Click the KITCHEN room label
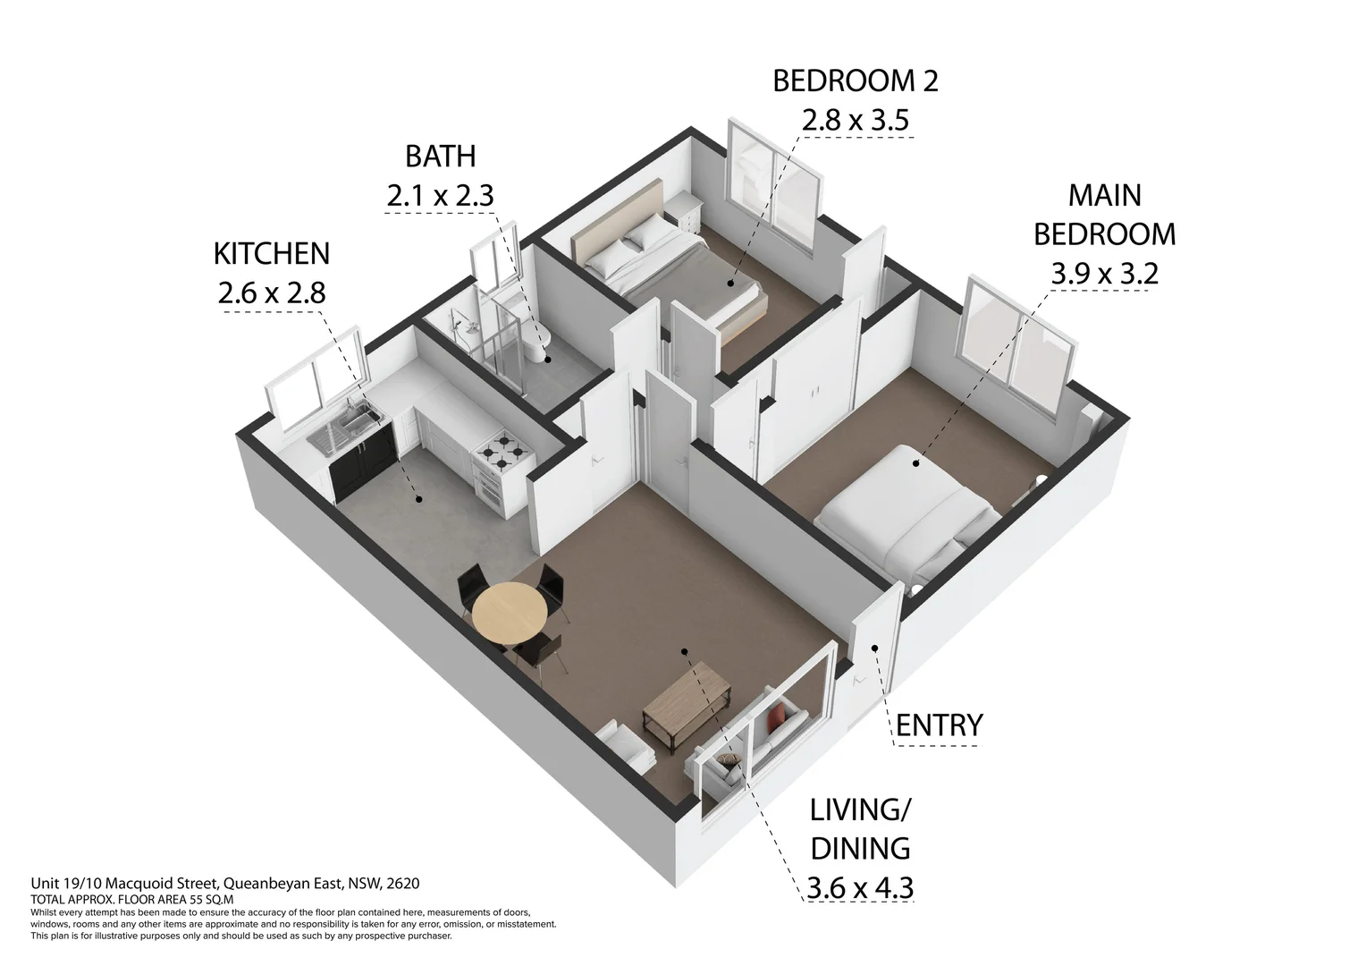point(272,254)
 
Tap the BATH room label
point(441,157)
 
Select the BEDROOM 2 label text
point(855,81)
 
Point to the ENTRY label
point(939,725)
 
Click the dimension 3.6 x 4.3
point(860,888)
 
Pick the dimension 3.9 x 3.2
point(1104,274)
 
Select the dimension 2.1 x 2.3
point(441,196)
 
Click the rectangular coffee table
point(687,708)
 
